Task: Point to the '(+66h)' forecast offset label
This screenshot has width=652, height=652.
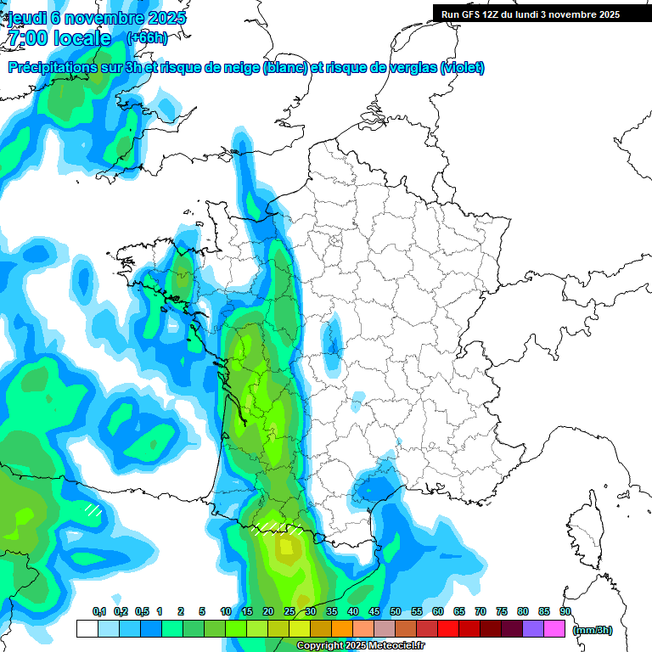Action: (146, 37)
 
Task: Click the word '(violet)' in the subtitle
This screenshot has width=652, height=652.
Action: (462, 68)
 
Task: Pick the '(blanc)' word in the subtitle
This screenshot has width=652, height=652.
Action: (285, 68)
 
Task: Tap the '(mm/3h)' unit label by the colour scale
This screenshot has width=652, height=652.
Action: (593, 629)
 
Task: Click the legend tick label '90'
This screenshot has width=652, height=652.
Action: (565, 611)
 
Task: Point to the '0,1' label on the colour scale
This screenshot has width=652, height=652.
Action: (98, 611)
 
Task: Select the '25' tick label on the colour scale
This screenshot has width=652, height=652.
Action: (289, 611)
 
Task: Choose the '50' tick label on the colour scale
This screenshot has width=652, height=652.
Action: (396, 611)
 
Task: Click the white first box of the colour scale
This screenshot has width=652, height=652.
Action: (87, 628)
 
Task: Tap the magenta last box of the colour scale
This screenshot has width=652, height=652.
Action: (554, 628)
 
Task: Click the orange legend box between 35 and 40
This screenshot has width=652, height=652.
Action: (342, 628)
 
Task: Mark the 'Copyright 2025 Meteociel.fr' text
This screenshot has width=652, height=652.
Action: (360, 645)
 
